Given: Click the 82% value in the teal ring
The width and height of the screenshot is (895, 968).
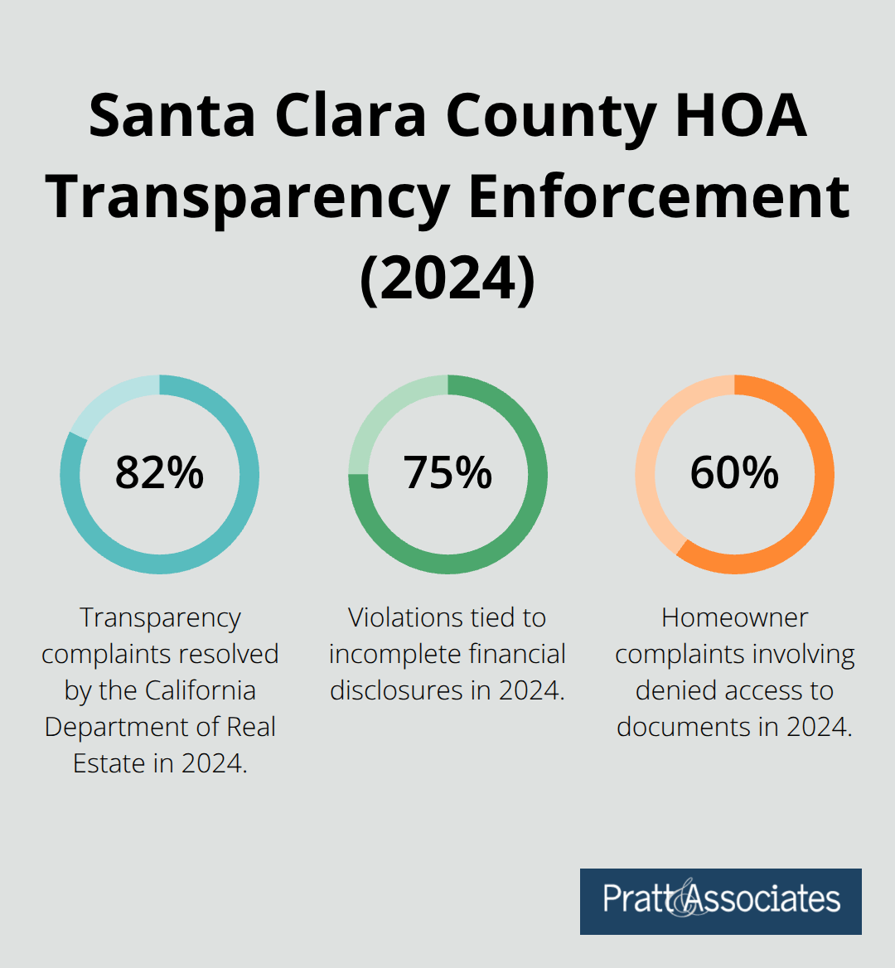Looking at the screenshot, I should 159,473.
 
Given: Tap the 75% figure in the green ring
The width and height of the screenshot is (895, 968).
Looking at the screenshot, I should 447,473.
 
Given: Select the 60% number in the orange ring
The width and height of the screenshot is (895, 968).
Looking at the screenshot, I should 734,473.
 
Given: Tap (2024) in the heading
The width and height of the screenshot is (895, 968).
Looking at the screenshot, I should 447,279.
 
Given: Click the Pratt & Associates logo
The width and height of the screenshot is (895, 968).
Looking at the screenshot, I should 720,901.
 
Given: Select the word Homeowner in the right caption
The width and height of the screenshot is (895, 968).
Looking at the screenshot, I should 734,617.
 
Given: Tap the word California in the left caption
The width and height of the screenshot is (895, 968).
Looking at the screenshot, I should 201,690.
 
